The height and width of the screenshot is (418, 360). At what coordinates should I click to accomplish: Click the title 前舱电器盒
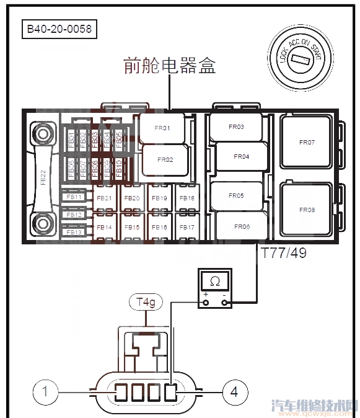tap(170, 66)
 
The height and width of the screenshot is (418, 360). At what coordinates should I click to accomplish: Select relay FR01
tap(162, 129)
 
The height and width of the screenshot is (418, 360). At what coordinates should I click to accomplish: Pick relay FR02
tap(165, 159)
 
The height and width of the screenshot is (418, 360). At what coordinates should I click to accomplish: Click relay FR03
tap(236, 127)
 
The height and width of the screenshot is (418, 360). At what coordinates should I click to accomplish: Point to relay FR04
tap(241, 156)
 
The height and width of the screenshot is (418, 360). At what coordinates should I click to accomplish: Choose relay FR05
tap(236, 195)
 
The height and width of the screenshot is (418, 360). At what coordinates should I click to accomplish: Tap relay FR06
tap(242, 226)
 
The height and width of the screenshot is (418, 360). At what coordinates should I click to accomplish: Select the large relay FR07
tap(307, 142)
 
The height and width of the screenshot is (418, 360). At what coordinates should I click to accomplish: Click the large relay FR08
tap(307, 210)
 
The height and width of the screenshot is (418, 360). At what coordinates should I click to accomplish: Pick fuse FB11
tap(75, 197)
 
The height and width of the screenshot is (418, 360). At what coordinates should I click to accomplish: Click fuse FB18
tap(187, 198)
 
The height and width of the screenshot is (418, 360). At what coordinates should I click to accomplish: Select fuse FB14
tap(104, 227)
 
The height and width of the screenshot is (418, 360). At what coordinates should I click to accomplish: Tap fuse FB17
tap(187, 227)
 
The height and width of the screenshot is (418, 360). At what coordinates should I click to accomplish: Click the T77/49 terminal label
tap(283, 253)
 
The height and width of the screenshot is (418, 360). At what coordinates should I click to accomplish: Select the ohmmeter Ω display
tap(214, 282)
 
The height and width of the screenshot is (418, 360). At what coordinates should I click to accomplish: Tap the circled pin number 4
tap(234, 391)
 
